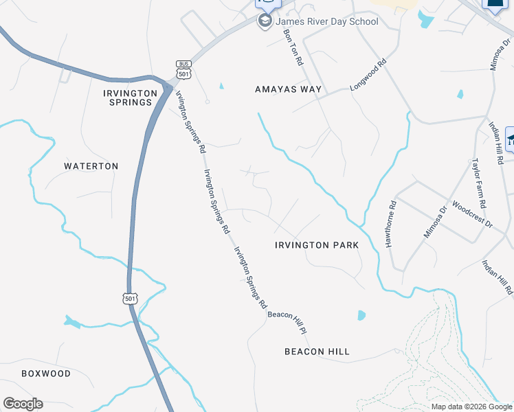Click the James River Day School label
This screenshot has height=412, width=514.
pyautogui.click(x=327, y=21)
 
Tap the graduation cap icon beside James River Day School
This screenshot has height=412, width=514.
pyautogui.click(x=265, y=21)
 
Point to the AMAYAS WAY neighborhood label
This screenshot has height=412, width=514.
pyautogui.click(x=289, y=89)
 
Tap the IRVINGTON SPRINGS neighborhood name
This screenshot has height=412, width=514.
pyautogui.click(x=126, y=98)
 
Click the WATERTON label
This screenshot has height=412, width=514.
pyautogui.click(x=91, y=166)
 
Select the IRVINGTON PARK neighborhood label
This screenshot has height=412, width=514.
pyautogui.click(x=317, y=245)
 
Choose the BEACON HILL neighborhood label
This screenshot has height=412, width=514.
pyautogui.click(x=317, y=352)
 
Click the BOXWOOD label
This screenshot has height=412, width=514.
pyautogui.click(x=46, y=374)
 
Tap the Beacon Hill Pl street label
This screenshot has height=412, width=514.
pyautogui.click(x=287, y=323)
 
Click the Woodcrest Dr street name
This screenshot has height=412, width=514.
pyautogui.click(x=473, y=214)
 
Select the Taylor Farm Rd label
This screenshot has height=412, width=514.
pyautogui.click(x=478, y=183)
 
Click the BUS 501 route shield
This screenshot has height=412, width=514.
pyautogui.click(x=183, y=69)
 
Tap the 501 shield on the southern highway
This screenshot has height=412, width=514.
pyautogui.click(x=131, y=298)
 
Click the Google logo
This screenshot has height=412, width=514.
pyautogui.click(x=23, y=404)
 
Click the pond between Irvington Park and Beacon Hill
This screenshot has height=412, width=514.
pyautogui.click(x=361, y=315)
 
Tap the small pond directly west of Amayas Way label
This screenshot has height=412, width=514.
pyautogui.click(x=221, y=86)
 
